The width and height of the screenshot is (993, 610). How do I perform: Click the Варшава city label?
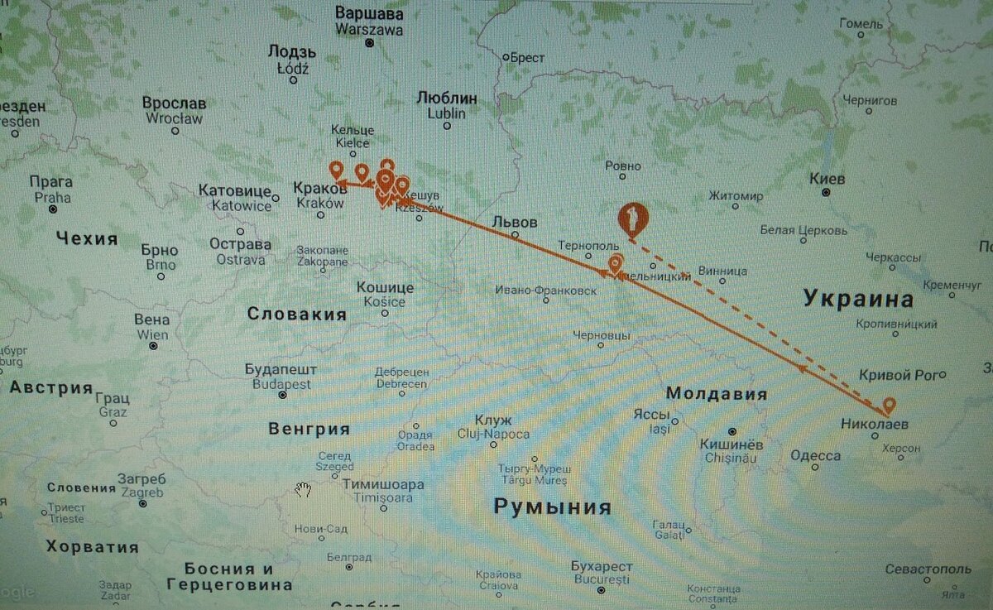(369, 15)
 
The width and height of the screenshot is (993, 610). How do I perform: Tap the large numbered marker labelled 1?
(633, 219)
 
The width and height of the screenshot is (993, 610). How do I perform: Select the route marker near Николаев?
(889, 405)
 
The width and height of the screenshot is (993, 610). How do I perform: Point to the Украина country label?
(858, 299)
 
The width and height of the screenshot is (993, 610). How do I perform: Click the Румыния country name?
(552, 507)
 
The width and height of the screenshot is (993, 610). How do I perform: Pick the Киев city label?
(827, 180)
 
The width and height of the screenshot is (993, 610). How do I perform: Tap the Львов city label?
(514, 223)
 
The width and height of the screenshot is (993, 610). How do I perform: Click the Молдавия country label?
(716, 394)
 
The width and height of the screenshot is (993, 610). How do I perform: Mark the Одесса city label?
(815, 455)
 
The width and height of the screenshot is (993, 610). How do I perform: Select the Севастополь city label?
(927, 569)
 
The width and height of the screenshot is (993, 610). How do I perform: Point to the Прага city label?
(51, 182)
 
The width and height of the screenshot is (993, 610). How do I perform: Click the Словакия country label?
(296, 315)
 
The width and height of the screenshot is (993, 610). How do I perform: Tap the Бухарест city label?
(602, 567)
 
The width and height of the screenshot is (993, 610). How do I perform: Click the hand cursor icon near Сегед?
(304, 489)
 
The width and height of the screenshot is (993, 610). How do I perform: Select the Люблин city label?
(447, 98)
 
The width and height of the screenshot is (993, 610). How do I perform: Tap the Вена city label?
(152, 320)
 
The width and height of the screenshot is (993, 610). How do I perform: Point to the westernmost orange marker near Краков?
(336, 171)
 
